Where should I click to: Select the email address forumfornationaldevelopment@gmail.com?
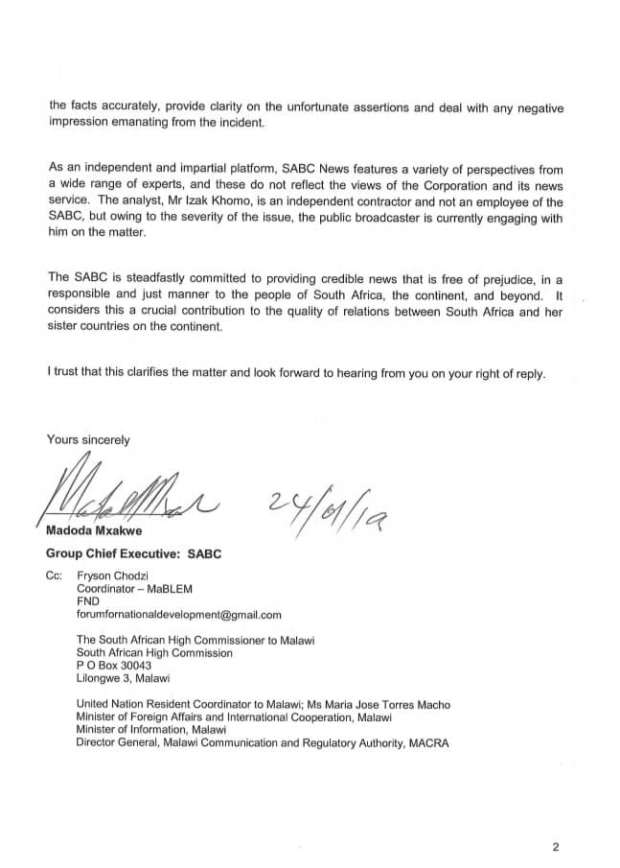tap(178, 615)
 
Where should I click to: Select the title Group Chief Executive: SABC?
tap(134, 554)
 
